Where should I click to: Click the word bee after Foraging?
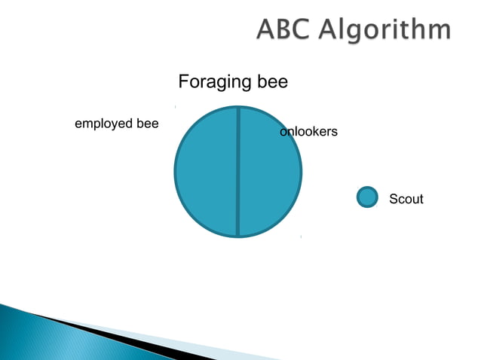(271, 81)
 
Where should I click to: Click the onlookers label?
(308, 133)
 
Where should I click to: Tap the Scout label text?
(406, 200)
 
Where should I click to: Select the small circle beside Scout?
(366, 197)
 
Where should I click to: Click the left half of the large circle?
(207, 172)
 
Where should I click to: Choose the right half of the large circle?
(269, 172)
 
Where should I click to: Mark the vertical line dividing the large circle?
(238, 172)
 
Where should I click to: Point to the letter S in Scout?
(393, 200)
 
